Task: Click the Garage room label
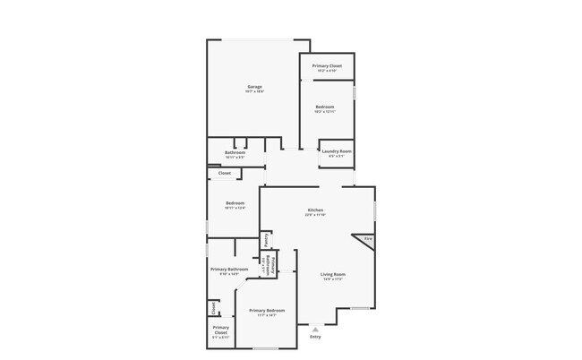253,87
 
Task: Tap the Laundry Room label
337,151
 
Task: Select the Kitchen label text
314,210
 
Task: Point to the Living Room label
333,274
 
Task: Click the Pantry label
266,241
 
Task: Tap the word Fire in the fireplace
367,238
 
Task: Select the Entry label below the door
314,337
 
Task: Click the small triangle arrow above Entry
314,328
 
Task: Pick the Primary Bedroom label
265,310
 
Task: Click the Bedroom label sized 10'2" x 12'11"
324,107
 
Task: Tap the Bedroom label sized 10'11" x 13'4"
235,203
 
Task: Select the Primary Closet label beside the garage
327,66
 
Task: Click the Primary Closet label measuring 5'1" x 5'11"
221,329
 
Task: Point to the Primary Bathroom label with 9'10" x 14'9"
229,270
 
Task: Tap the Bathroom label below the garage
235,153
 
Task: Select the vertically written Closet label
213,308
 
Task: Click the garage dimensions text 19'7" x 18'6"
253,92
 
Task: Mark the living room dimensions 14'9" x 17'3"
333,279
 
